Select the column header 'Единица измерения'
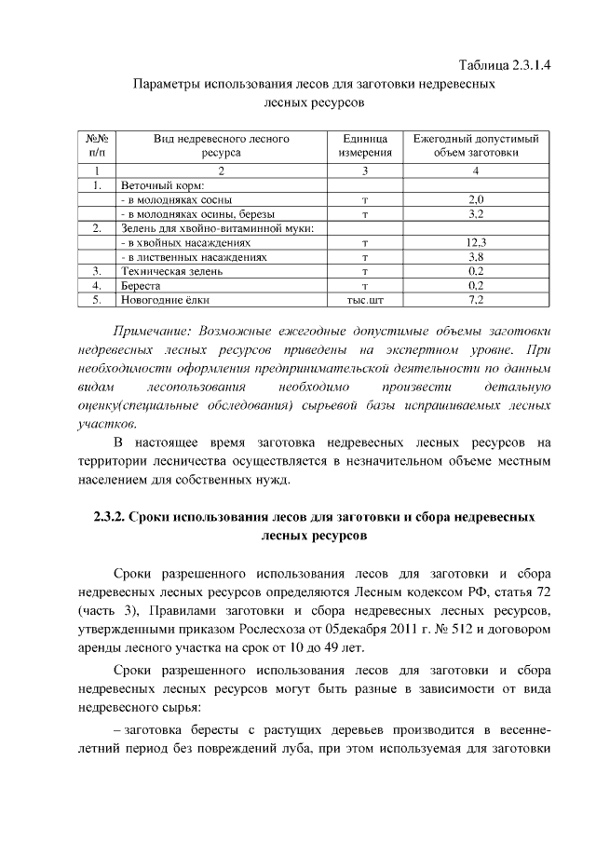pos(365,144)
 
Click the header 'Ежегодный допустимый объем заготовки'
pos(475,144)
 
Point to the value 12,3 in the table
pos(475,241)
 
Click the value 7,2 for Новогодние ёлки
pos(475,300)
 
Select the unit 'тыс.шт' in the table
pos(365,300)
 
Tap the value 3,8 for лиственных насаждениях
pos(475,256)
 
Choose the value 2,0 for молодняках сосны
pos(475,199)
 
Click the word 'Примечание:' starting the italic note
pos(150,332)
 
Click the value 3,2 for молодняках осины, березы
pos(475,213)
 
